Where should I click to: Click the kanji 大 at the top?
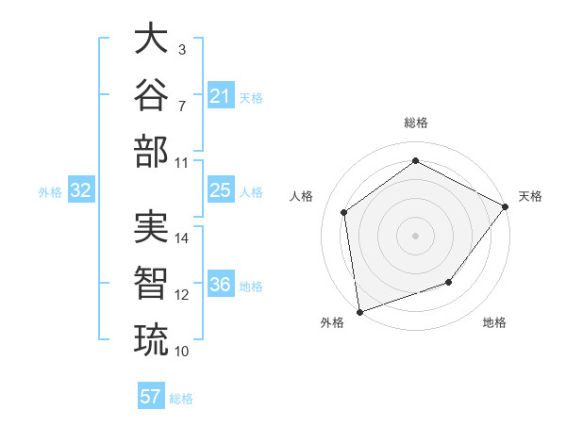pos(151,38)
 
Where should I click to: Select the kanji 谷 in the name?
pos(151,94)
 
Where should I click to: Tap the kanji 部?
pos(151,151)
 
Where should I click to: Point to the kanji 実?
pos(151,226)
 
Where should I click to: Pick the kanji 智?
pos(151,283)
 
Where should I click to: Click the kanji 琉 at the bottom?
pos(151,340)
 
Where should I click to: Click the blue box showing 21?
pos(221,95)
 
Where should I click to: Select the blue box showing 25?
pos(221,189)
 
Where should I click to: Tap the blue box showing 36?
pos(221,283)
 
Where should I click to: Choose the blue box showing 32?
pos(81,189)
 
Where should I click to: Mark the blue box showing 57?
pos(151,395)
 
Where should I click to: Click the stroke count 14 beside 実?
pos(181,238)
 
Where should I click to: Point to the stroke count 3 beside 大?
pos(182,50)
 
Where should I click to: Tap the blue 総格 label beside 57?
pos(181,399)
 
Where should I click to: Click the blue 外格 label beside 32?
pos(50,192)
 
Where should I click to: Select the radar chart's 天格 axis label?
pos(530,196)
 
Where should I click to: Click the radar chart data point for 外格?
pos(359,312)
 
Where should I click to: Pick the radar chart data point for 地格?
pos(449,282)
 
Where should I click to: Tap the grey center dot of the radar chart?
pos(415,236)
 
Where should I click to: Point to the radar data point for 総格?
pos(415,160)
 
